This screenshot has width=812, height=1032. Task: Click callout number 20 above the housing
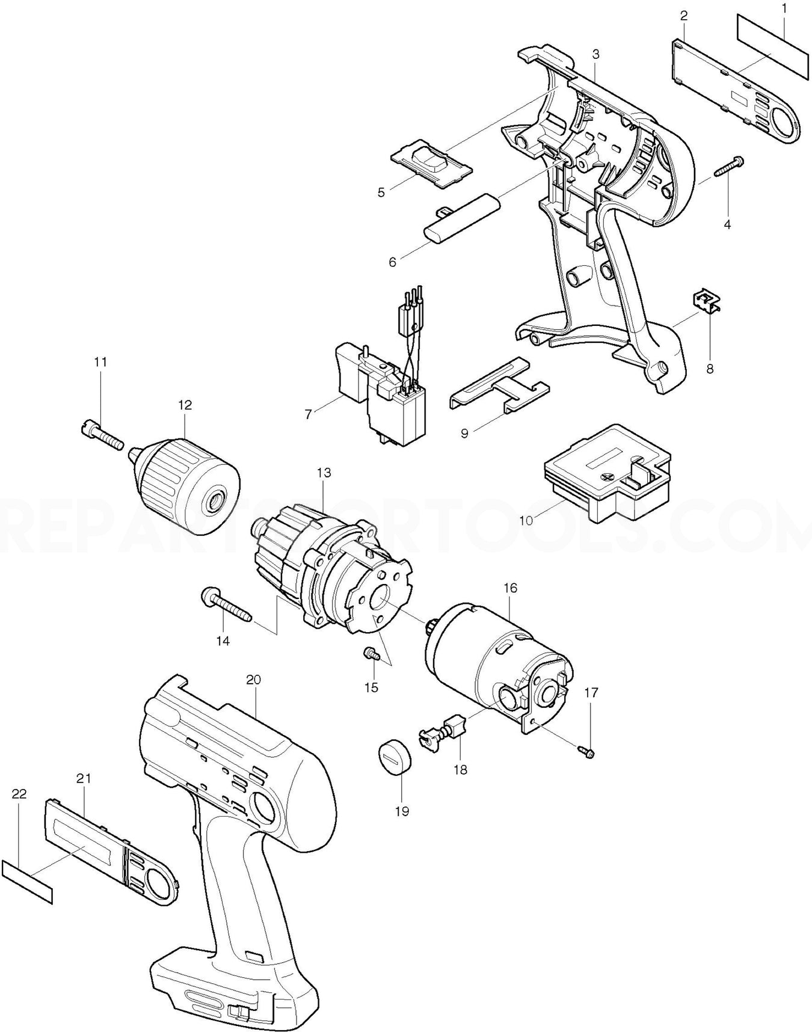coord(253,680)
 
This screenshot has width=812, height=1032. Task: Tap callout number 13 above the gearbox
coord(324,473)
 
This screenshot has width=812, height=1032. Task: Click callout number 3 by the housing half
coord(595,54)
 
